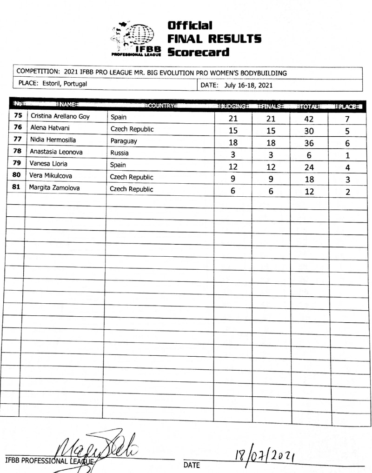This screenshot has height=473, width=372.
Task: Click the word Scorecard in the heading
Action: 198,52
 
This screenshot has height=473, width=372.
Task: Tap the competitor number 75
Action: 18,116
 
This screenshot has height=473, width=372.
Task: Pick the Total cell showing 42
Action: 309,120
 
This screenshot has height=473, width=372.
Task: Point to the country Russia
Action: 120,153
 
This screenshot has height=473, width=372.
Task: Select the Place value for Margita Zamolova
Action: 347,192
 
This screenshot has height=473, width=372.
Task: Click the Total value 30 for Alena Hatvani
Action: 309,132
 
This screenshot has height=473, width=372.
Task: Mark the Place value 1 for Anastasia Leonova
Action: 347,156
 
